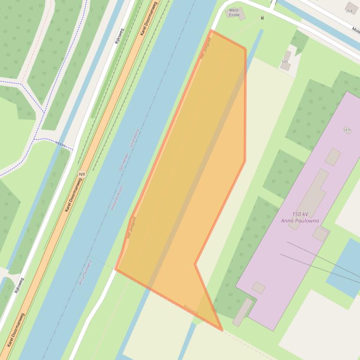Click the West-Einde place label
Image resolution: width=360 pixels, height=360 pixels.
[234, 12]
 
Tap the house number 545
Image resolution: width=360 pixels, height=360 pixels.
[285, 62]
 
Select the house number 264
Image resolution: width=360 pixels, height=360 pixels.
[349, 11]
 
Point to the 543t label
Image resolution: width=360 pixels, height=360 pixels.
[347, 130]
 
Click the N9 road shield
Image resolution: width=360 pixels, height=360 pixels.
[82, 174]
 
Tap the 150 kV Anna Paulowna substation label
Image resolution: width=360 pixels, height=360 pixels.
[300, 217]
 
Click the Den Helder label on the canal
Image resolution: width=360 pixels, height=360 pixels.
[124, 163]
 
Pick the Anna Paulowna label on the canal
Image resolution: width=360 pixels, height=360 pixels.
[85, 272]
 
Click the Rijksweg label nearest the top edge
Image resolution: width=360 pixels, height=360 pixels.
[119, 35]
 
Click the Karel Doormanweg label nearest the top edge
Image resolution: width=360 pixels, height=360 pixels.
[149, 19]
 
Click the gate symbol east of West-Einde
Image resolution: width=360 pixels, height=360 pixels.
[263, 18]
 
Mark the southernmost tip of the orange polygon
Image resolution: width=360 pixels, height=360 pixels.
[222, 330]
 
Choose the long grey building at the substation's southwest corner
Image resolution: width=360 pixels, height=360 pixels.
[242, 312]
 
